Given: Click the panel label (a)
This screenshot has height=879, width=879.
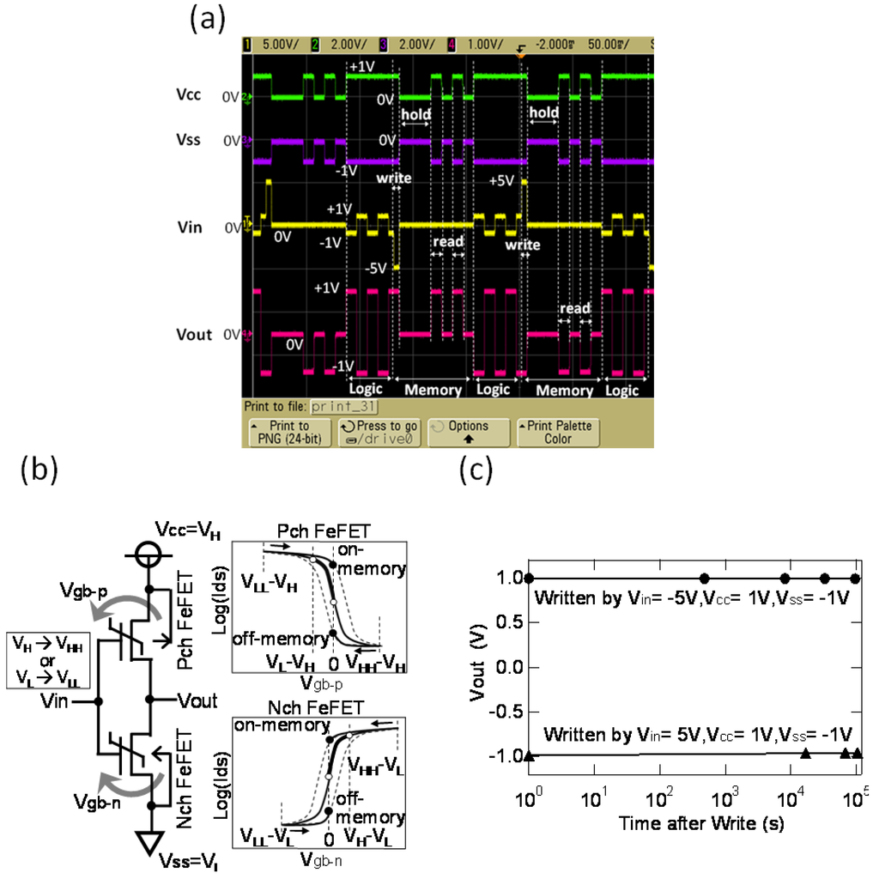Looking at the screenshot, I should (x=205, y=20).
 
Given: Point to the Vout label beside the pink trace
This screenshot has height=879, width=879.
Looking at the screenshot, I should (x=193, y=334).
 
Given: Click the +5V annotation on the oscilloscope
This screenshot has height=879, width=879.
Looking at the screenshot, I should (x=502, y=182).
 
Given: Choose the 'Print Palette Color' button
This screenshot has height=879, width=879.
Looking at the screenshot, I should (x=556, y=432).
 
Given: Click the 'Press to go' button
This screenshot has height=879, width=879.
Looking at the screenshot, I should (x=379, y=432).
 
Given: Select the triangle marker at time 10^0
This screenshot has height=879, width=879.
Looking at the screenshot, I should (x=529, y=755).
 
